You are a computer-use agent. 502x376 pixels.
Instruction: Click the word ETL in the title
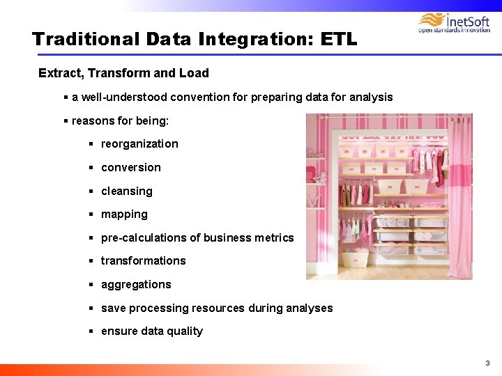coord(338,39)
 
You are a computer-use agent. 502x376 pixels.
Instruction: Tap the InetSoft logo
coord(454,22)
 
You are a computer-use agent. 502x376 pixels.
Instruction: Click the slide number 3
coord(488,363)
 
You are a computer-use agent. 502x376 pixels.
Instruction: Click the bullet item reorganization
coord(139,144)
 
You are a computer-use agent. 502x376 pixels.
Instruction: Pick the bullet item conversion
coord(130,168)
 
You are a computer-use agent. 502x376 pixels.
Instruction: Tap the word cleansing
coord(126,191)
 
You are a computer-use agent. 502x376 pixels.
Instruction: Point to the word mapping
coord(124,214)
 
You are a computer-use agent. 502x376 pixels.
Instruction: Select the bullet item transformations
coord(143,261)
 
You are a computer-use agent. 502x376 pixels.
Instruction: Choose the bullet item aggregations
coord(136,285)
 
